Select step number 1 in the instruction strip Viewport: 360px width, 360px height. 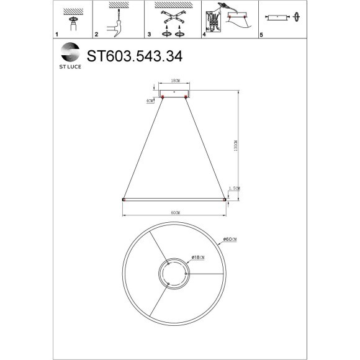pyautogui.click(x=56, y=35)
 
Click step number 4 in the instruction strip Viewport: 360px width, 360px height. pyautogui.click(x=204, y=35)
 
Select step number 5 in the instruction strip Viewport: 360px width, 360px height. pyautogui.click(x=261, y=35)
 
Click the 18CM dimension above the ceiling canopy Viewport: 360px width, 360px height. pyautogui.click(x=174, y=81)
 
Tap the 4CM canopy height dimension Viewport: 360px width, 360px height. pyautogui.click(x=149, y=100)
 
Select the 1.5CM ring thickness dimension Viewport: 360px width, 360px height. pyautogui.click(x=234, y=187)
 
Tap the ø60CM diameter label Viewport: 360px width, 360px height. pyautogui.click(x=230, y=240)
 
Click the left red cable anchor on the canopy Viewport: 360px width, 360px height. pyautogui.click(x=163, y=97)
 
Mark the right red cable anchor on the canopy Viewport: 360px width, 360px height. pyautogui.click(x=186, y=97)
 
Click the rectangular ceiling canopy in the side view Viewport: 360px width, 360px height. pyautogui.click(x=174, y=92)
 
